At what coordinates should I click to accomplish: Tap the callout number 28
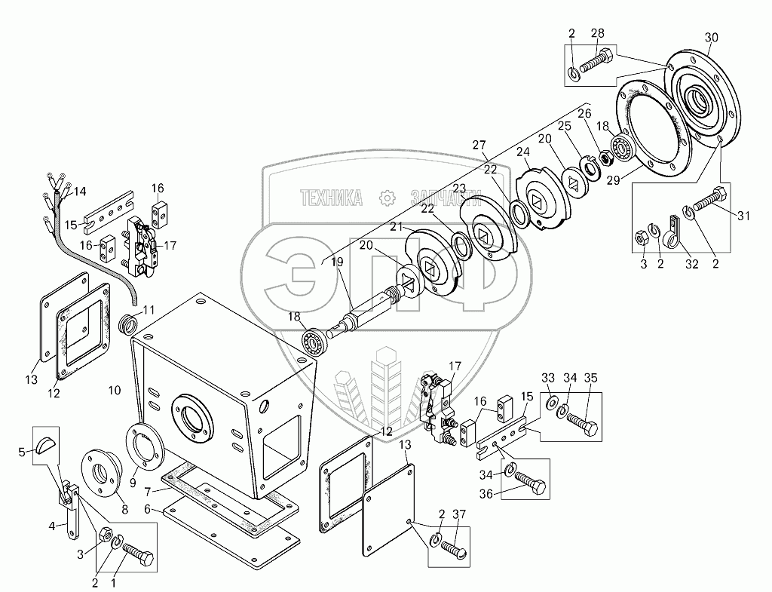coord(598,33)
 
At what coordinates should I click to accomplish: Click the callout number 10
coord(115,390)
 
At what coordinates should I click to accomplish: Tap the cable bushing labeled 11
coord(129,326)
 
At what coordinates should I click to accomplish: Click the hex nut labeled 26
coord(604,158)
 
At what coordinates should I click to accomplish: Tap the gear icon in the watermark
coord(387,198)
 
